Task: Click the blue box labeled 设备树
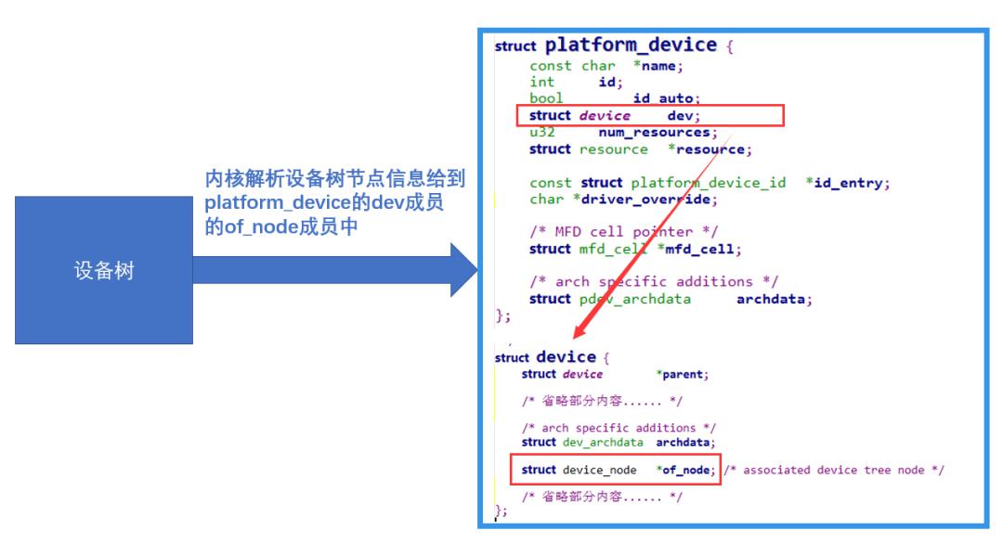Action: tap(104, 270)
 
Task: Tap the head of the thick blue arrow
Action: tap(463, 270)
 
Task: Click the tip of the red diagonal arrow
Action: tap(575, 337)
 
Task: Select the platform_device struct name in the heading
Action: tap(631, 45)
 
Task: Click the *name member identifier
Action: tap(658, 66)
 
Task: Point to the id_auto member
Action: tap(666, 98)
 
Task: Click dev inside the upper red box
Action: tap(684, 116)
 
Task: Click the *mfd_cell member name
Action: tap(699, 249)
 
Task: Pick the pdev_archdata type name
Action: tap(635, 299)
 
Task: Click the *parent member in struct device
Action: tap(683, 375)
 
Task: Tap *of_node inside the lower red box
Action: tap(685, 470)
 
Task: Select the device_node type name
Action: tap(600, 470)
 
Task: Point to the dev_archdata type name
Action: tap(604, 443)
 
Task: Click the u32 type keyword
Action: tap(541, 133)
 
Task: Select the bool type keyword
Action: tap(546, 98)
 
